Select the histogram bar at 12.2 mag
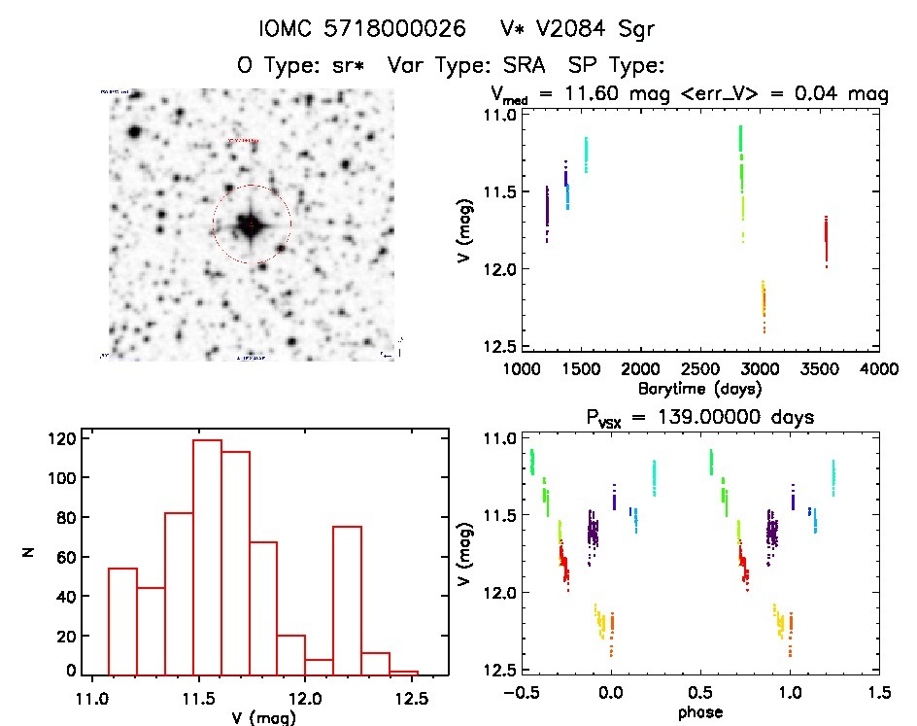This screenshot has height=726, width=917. pos(348,600)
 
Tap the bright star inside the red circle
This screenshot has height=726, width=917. pos(251,225)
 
